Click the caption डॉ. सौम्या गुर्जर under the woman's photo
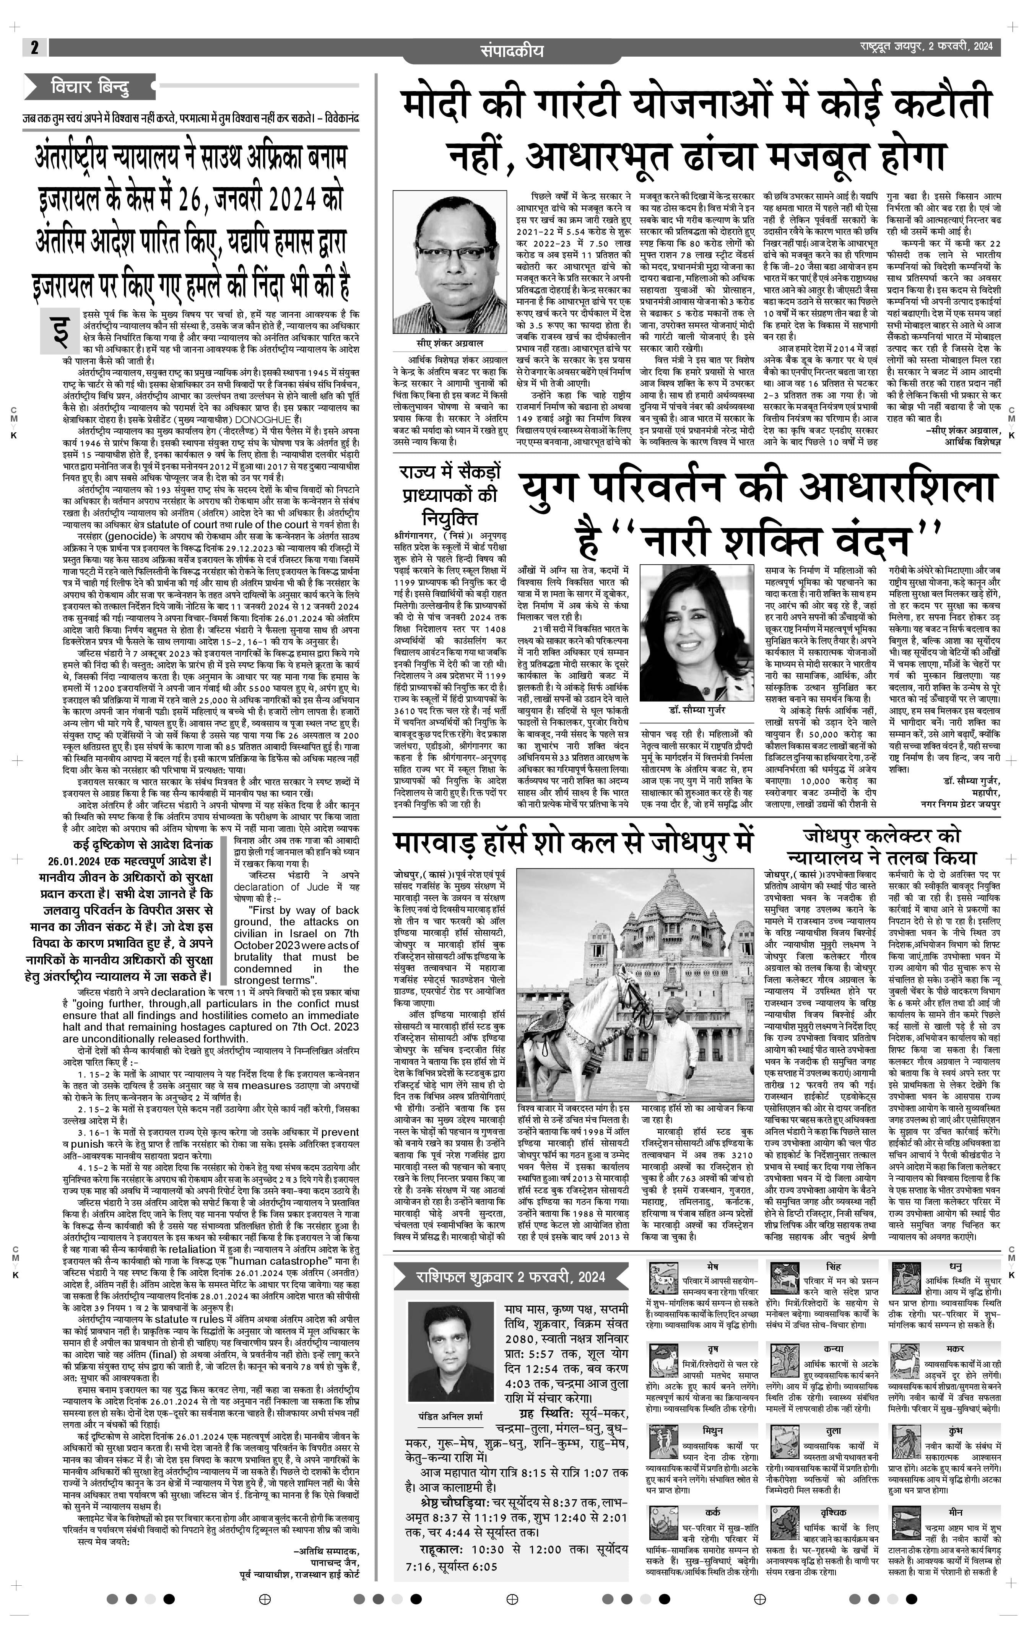coord(696,712)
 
